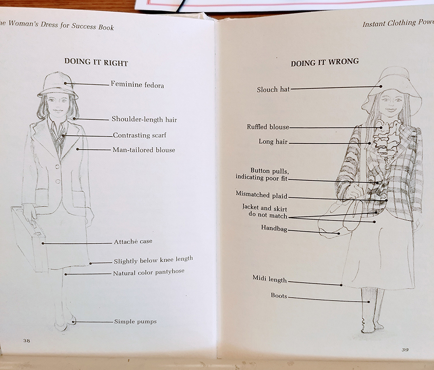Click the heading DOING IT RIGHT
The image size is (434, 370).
pyautogui.click(x=96, y=62)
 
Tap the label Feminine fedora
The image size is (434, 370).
pyautogui.click(x=137, y=85)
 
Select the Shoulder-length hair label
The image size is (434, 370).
pyautogui.click(x=144, y=120)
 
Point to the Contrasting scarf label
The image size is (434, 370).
pyautogui.click(x=139, y=136)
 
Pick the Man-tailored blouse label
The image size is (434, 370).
pyautogui.click(x=144, y=150)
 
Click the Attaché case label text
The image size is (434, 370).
pyautogui.click(x=133, y=242)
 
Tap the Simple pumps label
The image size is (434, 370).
pyautogui.click(x=135, y=322)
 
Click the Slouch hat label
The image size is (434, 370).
pyautogui.click(x=273, y=89)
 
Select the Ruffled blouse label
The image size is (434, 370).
pyautogui.click(x=268, y=127)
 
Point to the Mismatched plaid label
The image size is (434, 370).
pyautogui.click(x=261, y=195)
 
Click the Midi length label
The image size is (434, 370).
pyautogui.click(x=269, y=279)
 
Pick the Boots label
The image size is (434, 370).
pyautogui.click(x=279, y=296)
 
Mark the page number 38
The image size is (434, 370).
pyautogui.click(x=26, y=340)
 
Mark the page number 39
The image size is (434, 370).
pyautogui.click(x=405, y=350)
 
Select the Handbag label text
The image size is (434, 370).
pyautogui.click(x=273, y=228)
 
